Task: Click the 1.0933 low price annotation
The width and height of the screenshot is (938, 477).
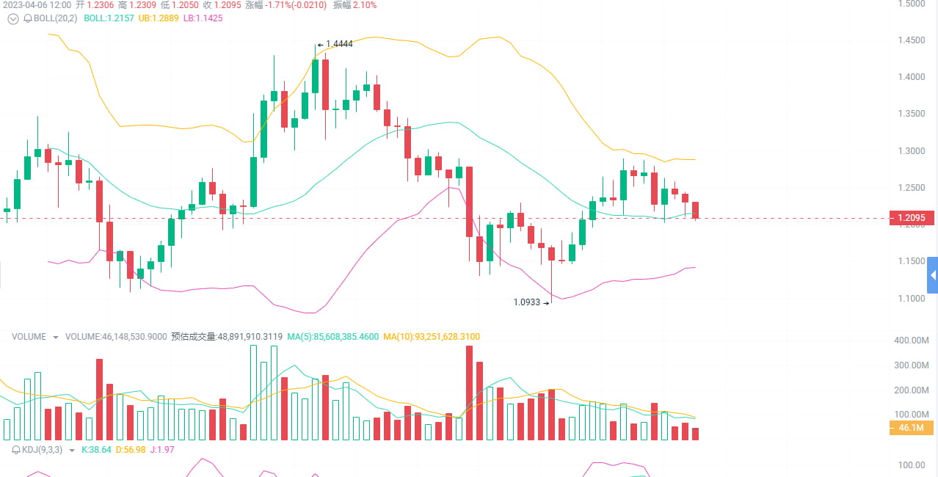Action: coord(527,302)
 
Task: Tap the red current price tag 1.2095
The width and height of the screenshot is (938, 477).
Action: coord(911,218)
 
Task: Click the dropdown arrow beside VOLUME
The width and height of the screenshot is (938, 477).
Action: coord(56,338)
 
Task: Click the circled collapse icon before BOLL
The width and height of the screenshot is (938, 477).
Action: coord(12,18)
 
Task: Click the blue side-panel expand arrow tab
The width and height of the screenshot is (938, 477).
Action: coord(933,276)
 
